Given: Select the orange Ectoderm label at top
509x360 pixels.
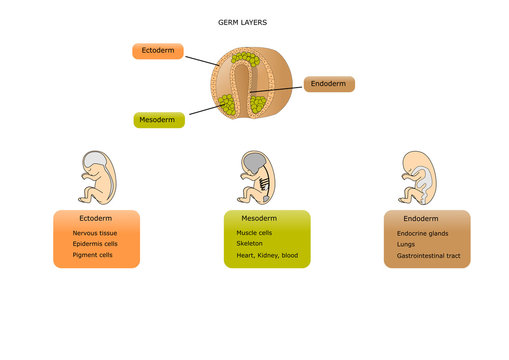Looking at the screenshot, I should click(x=157, y=51).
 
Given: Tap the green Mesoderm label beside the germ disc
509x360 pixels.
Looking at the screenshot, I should click(x=159, y=120).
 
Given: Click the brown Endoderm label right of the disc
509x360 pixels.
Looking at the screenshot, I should click(x=328, y=84).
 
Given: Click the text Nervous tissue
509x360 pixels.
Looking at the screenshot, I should click(x=95, y=232).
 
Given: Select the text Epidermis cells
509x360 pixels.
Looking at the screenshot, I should click(x=95, y=243).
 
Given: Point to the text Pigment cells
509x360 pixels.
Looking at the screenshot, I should click(x=92, y=255).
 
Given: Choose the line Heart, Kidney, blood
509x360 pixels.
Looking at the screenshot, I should click(x=259, y=255).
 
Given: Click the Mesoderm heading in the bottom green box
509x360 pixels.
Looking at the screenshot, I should click(x=260, y=217).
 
